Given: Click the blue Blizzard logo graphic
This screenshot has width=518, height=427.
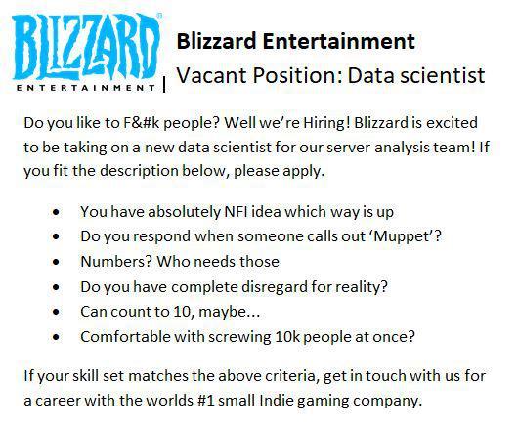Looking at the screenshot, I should click(85, 44).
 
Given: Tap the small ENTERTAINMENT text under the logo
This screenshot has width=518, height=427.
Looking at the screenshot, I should click(86, 88).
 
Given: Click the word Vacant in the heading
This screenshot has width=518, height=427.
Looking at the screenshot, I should click(213, 75).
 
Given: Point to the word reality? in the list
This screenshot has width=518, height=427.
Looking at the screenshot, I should click(357, 286).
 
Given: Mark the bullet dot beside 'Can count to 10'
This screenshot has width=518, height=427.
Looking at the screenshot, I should click(62, 313).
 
